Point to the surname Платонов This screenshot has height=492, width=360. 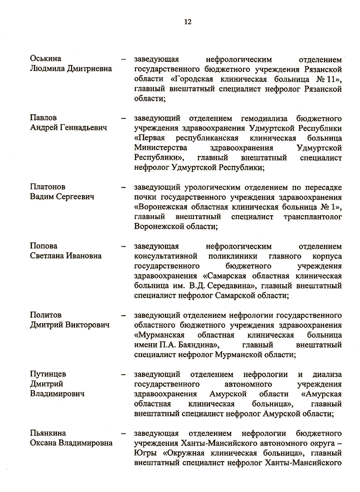47,187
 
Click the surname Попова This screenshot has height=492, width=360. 43,246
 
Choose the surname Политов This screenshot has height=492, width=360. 46,316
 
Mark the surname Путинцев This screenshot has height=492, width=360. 48,374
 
